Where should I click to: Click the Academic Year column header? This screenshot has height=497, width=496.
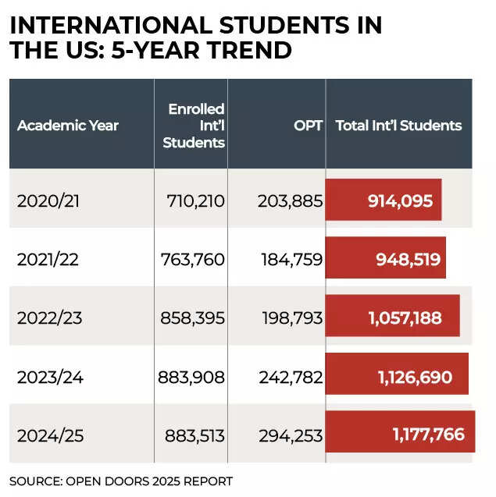[x=68, y=126]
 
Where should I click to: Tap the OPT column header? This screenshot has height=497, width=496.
[x=308, y=126]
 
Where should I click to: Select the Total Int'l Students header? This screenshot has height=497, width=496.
[x=398, y=126]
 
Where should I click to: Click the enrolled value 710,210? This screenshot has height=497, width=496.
[x=195, y=201]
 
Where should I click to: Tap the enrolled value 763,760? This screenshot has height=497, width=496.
[x=192, y=259]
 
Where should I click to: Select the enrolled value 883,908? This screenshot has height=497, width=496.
[x=191, y=377]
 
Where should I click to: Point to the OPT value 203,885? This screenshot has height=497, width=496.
[x=290, y=201]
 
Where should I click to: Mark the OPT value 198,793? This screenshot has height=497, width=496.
[x=290, y=318]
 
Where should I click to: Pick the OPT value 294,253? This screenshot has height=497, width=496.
[x=290, y=435]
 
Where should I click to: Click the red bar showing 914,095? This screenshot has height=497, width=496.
[x=384, y=200]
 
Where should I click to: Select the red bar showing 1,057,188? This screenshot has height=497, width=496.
[x=392, y=317]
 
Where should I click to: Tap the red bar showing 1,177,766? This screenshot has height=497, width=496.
[x=400, y=433]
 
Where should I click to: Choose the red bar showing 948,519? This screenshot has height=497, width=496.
[x=386, y=258]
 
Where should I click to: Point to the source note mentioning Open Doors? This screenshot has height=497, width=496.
[x=121, y=481]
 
